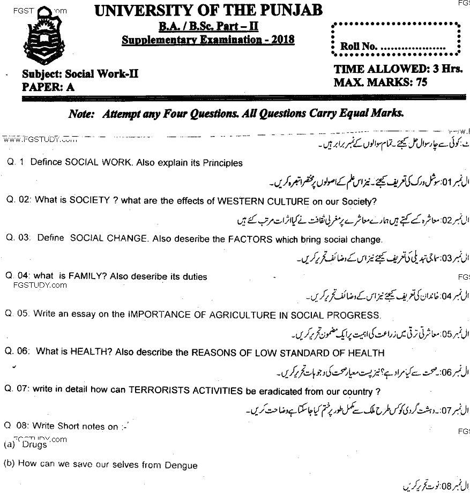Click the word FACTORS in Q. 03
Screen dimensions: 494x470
(249, 239)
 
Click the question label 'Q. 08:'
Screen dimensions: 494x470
(17, 426)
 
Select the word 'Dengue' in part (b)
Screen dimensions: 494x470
(181, 465)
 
